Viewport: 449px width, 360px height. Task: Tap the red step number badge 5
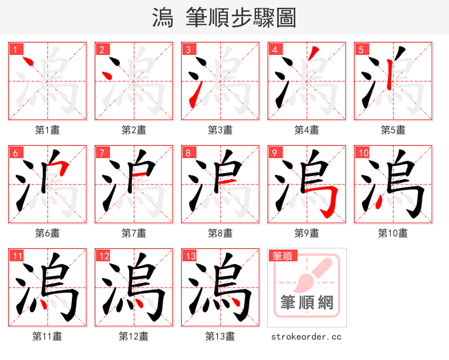coord(361,49)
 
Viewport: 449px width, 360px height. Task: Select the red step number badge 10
coord(363,153)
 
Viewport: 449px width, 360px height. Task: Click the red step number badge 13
coord(190,256)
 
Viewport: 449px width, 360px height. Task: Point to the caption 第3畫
coord(220,130)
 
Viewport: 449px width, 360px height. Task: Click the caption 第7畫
coord(134,233)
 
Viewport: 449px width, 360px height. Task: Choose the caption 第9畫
coord(306,233)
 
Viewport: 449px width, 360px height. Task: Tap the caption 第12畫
coord(134,336)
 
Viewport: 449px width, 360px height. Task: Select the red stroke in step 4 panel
coord(314,55)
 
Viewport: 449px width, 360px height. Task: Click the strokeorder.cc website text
coord(306,337)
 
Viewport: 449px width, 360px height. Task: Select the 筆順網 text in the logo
coord(306,303)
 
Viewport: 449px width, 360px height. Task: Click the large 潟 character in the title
coord(163,18)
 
